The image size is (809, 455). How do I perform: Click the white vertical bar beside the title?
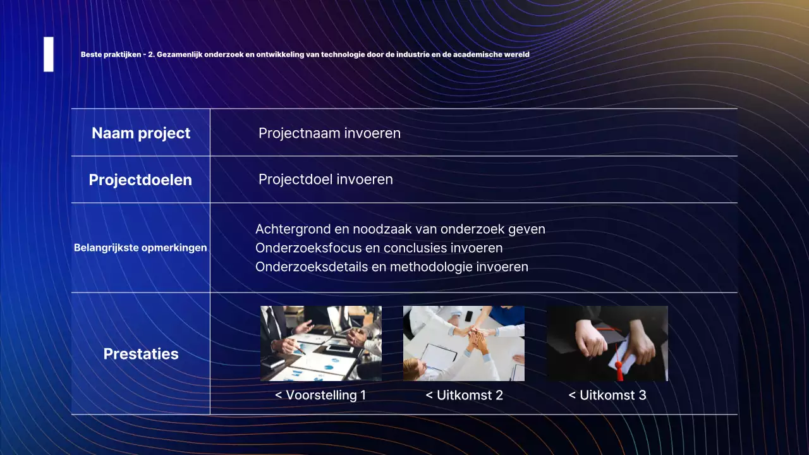tap(48, 54)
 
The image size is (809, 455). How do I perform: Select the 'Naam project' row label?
tap(141, 133)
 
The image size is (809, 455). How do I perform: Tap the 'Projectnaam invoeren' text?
tap(329, 133)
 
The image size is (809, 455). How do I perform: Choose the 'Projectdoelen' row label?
tap(140, 180)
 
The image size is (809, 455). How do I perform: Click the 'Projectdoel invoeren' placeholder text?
tap(325, 179)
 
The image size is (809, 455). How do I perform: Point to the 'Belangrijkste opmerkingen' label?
tap(140, 248)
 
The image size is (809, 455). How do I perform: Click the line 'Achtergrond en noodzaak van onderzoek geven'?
tap(400, 229)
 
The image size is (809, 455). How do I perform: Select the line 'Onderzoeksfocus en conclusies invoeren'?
tap(379, 248)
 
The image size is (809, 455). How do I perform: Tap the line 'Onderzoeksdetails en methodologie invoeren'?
tap(391, 267)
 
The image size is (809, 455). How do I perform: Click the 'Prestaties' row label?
tap(141, 354)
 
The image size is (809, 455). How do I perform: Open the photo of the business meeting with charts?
tap(321, 343)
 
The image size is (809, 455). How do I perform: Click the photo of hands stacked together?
tap(464, 343)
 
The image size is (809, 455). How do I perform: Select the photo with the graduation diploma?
tap(607, 343)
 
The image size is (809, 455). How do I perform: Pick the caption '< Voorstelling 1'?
tap(320, 396)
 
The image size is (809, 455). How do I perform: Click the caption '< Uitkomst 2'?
tap(464, 396)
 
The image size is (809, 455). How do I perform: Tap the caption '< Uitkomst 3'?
tap(607, 396)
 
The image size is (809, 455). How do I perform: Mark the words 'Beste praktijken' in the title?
tap(111, 55)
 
